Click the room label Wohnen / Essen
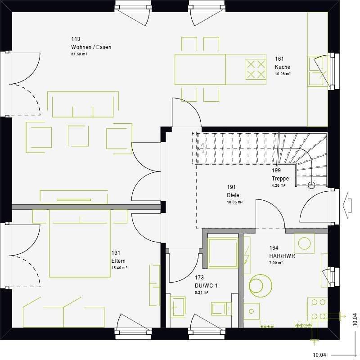point(91,47)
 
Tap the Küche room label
point(283,67)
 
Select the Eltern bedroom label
point(118,261)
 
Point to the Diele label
point(233,195)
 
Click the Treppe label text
point(280,178)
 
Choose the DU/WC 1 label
point(207,286)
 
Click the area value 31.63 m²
point(79,54)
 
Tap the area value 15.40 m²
point(119,268)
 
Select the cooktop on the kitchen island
point(256,69)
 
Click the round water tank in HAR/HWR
point(261,286)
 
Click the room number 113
point(76,39)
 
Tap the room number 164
point(274,248)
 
